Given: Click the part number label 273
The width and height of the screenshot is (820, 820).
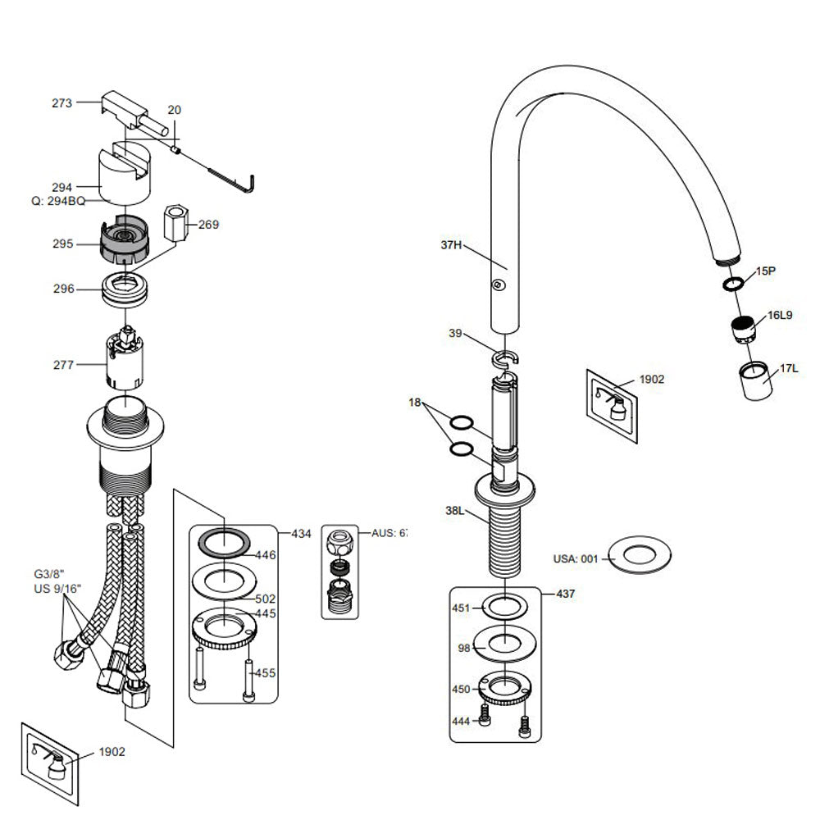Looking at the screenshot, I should tap(61, 103).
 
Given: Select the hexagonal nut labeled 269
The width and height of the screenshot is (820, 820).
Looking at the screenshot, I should tap(177, 221).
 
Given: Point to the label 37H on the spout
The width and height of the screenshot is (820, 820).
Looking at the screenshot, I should tap(452, 244).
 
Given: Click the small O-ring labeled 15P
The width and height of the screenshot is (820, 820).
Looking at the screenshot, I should tap(733, 284).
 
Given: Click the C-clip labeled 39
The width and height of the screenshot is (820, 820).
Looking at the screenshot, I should tap(507, 357).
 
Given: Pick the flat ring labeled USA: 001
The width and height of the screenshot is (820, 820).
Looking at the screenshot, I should tap(636, 555).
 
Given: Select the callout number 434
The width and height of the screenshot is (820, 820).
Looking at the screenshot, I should tap(301, 534).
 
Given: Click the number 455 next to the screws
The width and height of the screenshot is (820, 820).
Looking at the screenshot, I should tap(265, 673).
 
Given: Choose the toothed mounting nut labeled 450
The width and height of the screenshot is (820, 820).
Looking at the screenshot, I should tap(507, 686).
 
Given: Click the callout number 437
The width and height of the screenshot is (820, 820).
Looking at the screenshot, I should tap(565, 594).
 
